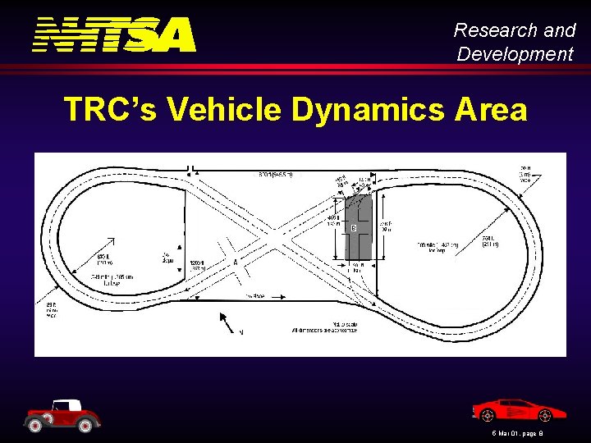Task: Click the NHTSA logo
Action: (x=115, y=34)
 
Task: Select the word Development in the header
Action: (x=515, y=54)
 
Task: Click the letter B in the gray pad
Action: (x=354, y=227)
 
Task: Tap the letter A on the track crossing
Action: (x=236, y=263)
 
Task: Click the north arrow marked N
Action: (x=231, y=324)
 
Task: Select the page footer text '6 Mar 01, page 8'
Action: (x=513, y=432)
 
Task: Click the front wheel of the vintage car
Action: (x=89, y=424)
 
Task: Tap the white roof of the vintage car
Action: (x=65, y=404)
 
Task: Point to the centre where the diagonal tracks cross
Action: (x=273, y=233)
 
